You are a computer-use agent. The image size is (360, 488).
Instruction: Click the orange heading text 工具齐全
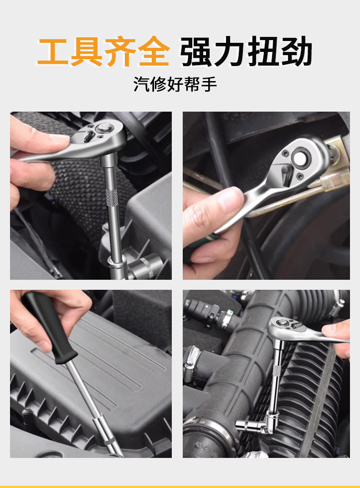pyautogui.click(x=103, y=51)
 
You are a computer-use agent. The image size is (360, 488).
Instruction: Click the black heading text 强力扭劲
pyautogui.click(x=246, y=51)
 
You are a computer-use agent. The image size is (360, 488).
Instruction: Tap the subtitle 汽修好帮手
pyautogui.click(x=175, y=84)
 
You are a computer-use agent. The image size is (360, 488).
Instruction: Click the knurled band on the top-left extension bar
pyautogui.click(x=111, y=197)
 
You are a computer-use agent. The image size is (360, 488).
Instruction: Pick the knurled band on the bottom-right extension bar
pyautogui.click(x=276, y=370)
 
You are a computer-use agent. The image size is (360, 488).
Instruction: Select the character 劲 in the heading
pyautogui.click(x=297, y=51)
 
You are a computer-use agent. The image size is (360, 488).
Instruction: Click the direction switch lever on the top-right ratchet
pyautogui.click(x=287, y=174)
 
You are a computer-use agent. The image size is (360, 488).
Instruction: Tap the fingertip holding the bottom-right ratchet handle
pyautogui.click(x=330, y=330)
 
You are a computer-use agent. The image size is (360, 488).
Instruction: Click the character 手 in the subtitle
pyautogui.click(x=209, y=84)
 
